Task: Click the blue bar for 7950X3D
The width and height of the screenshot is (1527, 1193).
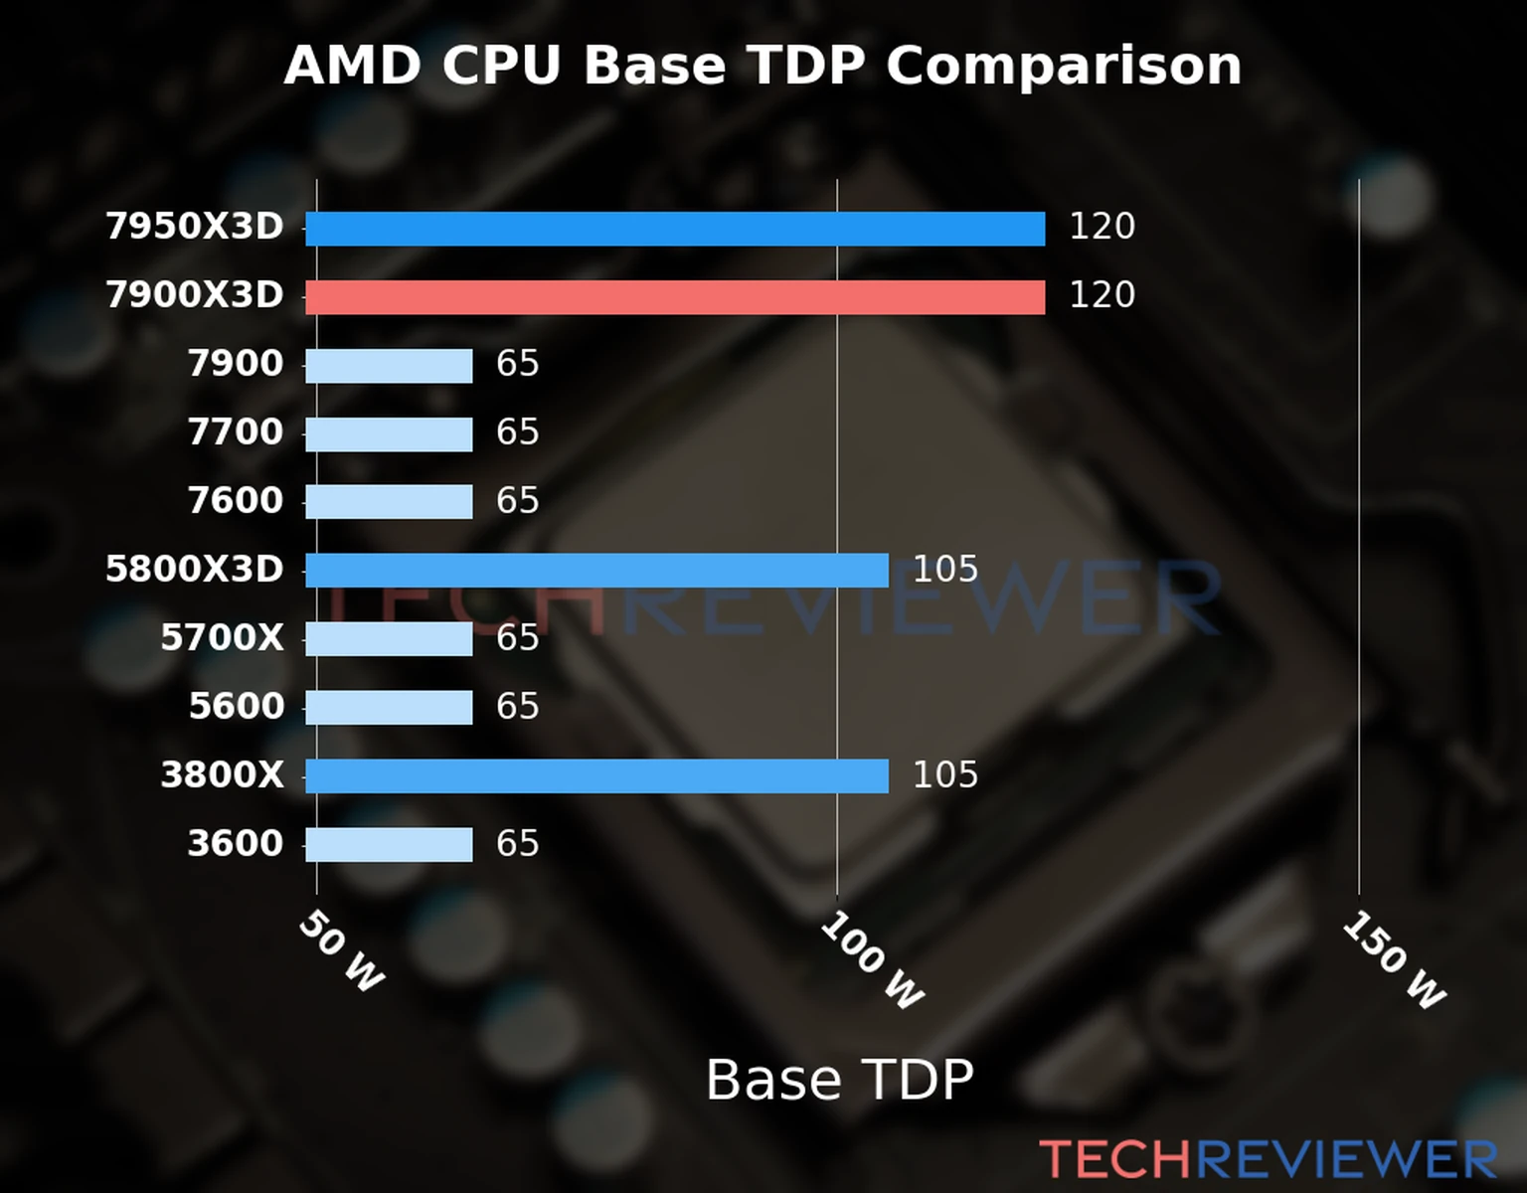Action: click(x=675, y=229)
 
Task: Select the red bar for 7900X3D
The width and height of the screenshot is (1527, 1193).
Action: click(x=675, y=297)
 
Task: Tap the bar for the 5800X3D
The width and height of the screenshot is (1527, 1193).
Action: click(x=596, y=571)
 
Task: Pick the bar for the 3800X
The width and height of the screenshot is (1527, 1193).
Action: click(x=596, y=776)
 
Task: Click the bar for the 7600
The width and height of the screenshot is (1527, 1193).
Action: click(x=389, y=502)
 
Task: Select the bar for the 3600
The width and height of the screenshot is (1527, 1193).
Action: click(x=389, y=845)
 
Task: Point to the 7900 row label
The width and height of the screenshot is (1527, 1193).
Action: click(x=236, y=364)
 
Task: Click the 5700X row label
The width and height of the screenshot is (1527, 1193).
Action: click(x=222, y=638)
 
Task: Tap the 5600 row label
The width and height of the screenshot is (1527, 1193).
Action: click(x=236, y=707)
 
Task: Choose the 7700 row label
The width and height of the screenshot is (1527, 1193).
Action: click(x=236, y=432)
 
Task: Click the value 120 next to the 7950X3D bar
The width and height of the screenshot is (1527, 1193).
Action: click(x=1102, y=227)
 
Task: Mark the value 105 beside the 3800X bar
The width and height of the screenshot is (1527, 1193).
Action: click(x=944, y=775)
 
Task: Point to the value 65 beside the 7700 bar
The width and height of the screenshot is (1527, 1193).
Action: click(x=517, y=432)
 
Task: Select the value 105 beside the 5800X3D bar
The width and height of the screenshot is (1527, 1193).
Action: click(x=944, y=570)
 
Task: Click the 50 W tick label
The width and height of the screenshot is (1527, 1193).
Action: click(x=341, y=951)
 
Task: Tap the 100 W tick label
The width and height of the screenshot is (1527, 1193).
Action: click(x=872, y=961)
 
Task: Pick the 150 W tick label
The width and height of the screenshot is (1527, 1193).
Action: click(x=1394, y=961)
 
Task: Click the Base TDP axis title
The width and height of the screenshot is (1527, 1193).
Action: click(x=839, y=1080)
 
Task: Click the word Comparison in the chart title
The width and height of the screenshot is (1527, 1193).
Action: click(x=1063, y=67)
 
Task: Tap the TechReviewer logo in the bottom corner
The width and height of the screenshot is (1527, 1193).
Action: click(x=1268, y=1159)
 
